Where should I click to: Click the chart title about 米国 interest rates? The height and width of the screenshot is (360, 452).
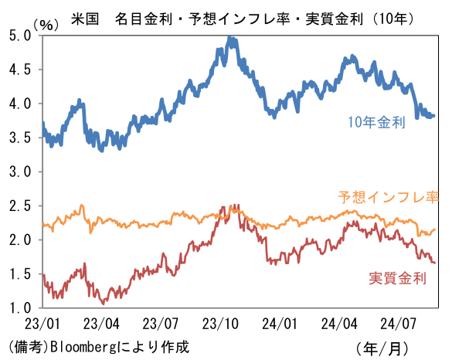(242, 19)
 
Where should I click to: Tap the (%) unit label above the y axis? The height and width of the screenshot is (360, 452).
(46, 25)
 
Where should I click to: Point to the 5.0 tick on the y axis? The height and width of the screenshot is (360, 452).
(20, 36)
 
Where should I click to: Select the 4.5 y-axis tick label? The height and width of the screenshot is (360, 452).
(20, 70)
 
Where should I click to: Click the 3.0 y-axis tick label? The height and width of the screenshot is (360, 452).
(20, 172)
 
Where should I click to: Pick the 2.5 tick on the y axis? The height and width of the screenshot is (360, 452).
(20, 205)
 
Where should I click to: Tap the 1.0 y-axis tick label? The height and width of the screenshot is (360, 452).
(20, 307)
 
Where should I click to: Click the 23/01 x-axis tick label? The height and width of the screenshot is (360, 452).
(42, 324)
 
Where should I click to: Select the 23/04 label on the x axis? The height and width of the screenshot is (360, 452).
(101, 324)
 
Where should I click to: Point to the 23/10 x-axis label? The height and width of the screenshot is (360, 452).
(220, 324)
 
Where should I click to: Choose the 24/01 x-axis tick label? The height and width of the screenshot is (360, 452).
(280, 324)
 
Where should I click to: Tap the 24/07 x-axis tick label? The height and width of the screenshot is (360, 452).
(398, 324)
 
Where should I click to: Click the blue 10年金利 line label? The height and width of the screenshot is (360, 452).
(377, 122)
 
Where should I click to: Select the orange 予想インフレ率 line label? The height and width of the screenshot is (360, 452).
(389, 198)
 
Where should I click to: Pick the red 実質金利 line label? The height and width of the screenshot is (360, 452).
(397, 278)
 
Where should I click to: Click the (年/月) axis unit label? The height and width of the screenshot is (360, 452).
(382, 348)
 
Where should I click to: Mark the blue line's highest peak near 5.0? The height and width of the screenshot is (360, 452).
(229, 37)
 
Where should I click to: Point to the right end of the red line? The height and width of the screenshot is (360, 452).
(434, 263)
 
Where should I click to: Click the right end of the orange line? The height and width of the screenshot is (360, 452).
(435, 229)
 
